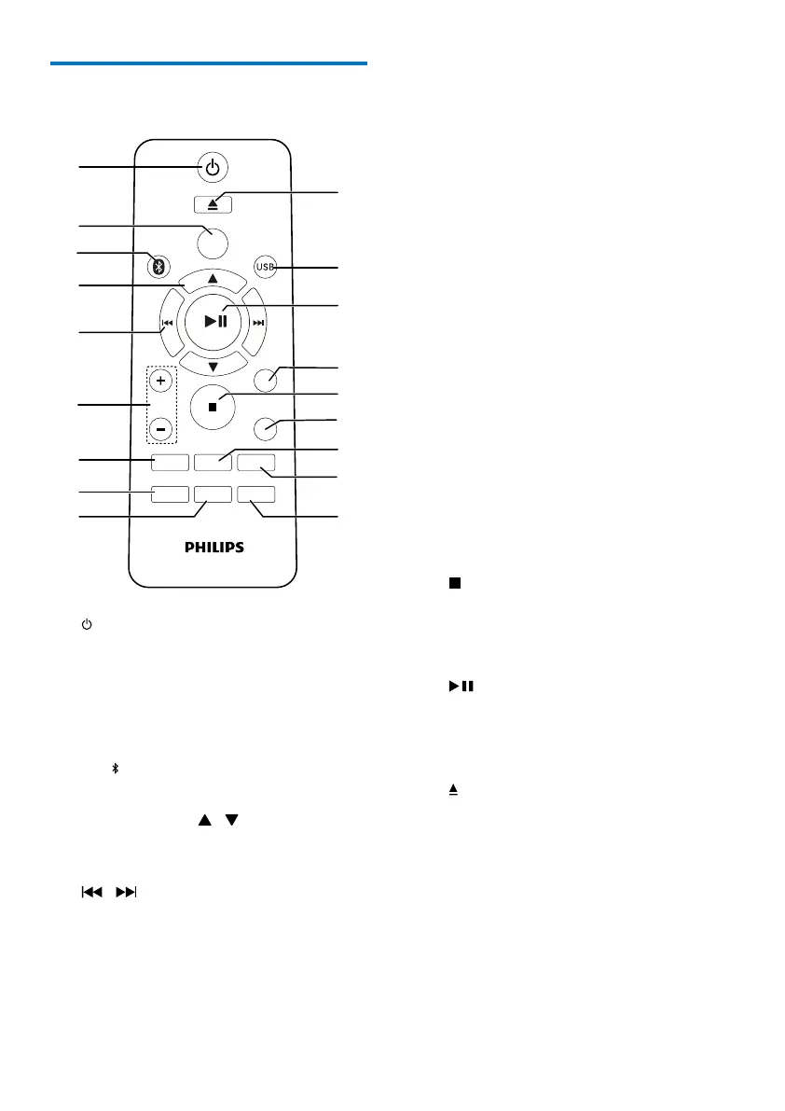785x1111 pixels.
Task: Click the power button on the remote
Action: point(213,168)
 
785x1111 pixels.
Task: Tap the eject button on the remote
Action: point(213,202)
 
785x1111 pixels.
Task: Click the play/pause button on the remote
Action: point(213,322)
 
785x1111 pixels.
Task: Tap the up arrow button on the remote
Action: point(213,278)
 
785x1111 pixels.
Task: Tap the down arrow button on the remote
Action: point(213,366)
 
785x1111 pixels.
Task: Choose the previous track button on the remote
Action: point(167,324)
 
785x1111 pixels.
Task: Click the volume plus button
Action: point(160,381)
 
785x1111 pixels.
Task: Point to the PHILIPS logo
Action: point(213,548)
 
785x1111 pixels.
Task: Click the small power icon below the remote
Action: point(86,623)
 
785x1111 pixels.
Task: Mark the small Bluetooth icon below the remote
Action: point(116,768)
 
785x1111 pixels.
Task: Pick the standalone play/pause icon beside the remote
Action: point(461,687)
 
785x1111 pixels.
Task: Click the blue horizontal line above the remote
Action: point(209,63)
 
